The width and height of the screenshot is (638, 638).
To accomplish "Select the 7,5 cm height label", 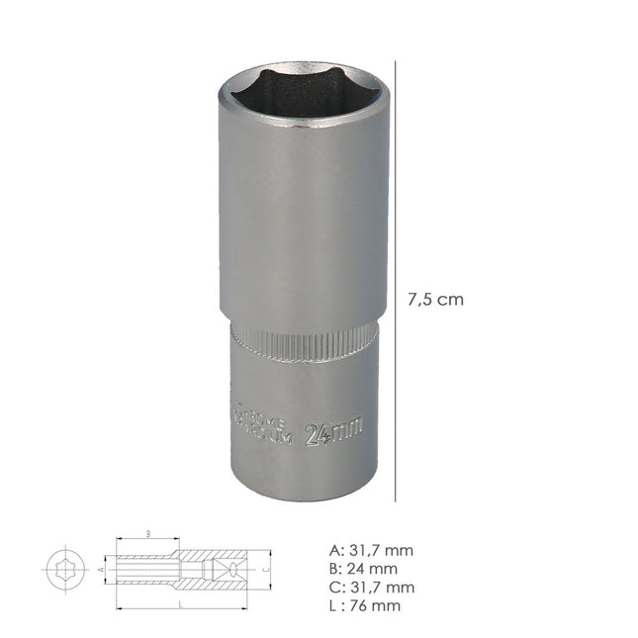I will click(436, 300).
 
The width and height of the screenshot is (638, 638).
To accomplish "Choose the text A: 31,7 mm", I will click(370, 551).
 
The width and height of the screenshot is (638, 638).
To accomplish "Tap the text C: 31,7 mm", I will click(371, 588).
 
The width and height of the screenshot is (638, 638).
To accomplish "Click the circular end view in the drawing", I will click(64, 570).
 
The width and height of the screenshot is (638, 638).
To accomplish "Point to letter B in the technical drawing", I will click(147, 532).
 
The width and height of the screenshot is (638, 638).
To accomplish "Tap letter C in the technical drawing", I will click(265, 570).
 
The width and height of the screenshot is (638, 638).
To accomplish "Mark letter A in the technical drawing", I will click(101, 571).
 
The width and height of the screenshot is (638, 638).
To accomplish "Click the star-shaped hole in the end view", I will click(64, 570).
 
